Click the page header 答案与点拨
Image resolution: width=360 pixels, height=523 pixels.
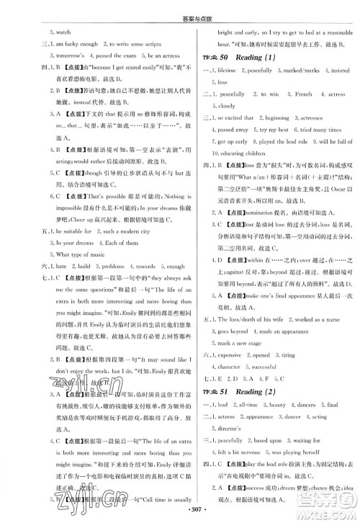pos(180,8)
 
